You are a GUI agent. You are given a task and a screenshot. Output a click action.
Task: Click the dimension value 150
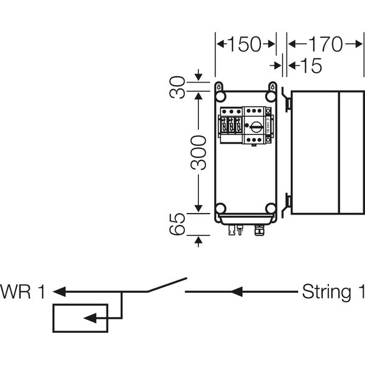coord(245,45)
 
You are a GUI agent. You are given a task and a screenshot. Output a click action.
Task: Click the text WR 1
coord(23,292)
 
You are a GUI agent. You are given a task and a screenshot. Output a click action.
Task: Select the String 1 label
coord(334,292)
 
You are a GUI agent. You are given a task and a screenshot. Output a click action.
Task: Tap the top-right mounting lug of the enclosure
coord(271,86)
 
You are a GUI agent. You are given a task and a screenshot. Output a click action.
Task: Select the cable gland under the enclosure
coord(259,231)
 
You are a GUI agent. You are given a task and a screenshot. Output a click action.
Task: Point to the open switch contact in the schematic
coord(166,285)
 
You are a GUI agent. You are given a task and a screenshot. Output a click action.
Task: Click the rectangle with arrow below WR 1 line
coord(80,318)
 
